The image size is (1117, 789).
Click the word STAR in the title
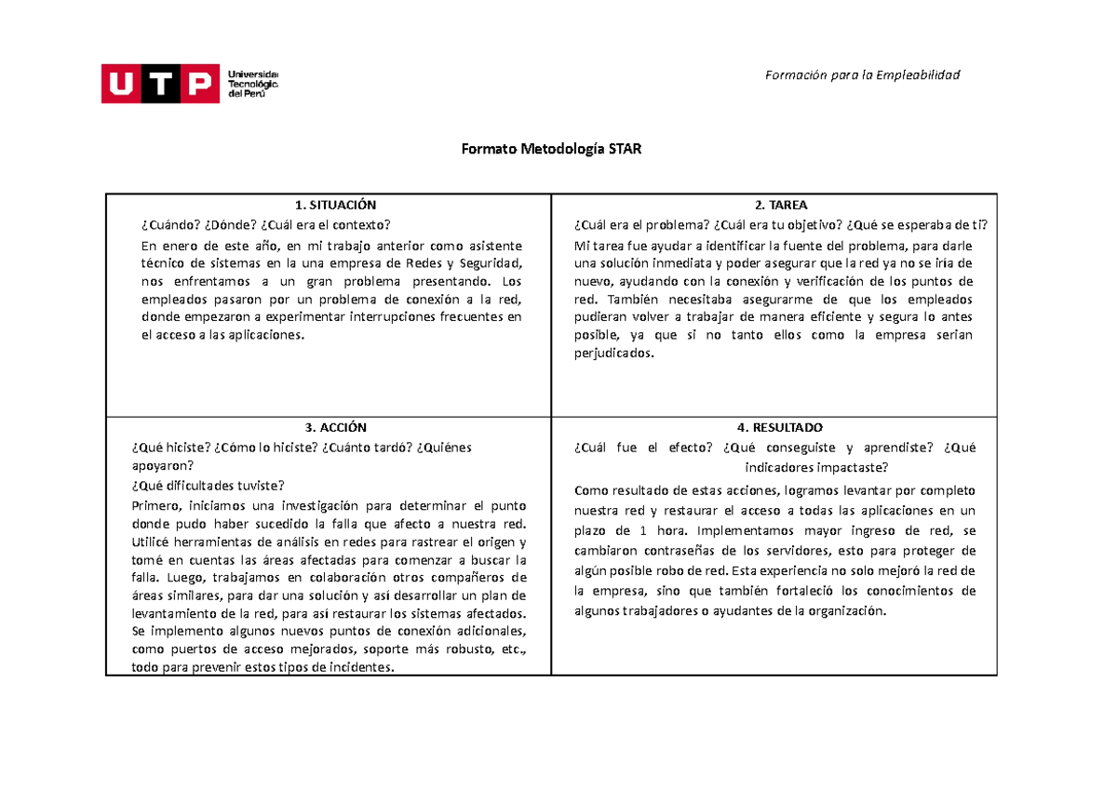[626, 149]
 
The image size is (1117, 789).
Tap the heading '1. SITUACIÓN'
[330, 206]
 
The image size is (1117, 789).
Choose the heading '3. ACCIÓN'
[330, 428]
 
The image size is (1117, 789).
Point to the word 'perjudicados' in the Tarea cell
[613, 354]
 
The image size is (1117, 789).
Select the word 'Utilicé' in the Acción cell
[155, 542]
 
